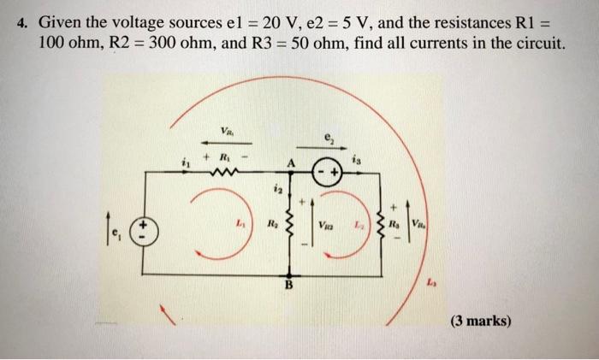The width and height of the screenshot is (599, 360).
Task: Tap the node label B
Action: pos(288,286)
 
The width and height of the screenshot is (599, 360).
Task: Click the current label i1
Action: pos(182,160)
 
